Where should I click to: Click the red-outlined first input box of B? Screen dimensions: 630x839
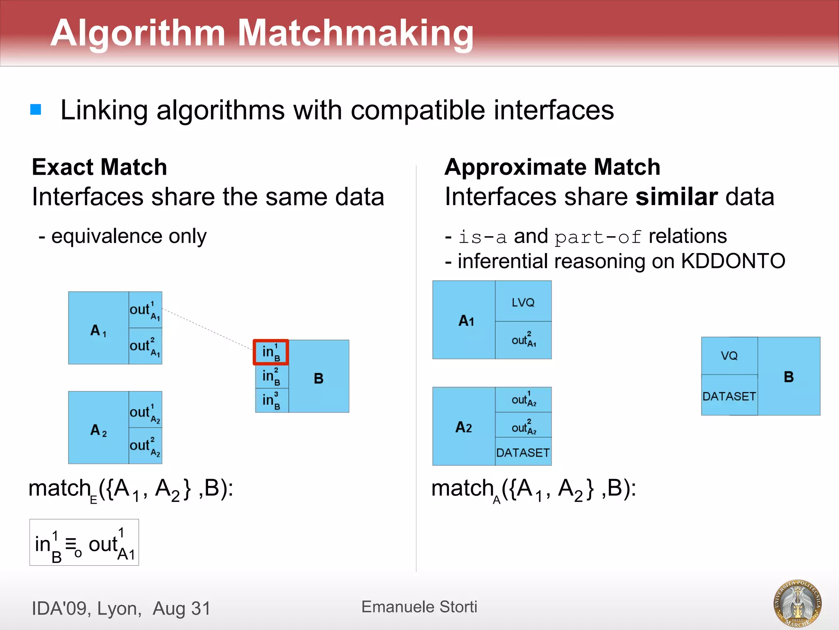[271, 352]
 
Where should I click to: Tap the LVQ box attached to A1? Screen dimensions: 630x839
[523, 302]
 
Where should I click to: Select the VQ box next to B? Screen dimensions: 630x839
[729, 356]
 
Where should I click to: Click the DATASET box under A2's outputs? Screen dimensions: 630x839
[523, 452]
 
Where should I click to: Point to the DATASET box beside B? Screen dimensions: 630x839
[729, 396]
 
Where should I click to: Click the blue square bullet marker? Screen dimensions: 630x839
[36, 110]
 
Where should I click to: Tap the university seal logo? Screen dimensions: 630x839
[797, 603]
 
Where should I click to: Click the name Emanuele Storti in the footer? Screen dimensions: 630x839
[419, 607]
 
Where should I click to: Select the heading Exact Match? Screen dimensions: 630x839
[100, 167]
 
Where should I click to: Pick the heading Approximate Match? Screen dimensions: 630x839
[552, 167]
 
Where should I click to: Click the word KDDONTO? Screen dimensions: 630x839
[733, 261]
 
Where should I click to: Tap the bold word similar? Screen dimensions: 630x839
[676, 196]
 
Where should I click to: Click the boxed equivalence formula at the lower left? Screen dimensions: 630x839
[84, 543]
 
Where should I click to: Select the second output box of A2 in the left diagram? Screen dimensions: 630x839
[145, 446]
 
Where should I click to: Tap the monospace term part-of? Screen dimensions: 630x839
[598, 237]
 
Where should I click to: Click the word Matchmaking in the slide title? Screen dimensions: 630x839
[355, 33]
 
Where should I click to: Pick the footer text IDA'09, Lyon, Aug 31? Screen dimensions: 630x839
[121, 608]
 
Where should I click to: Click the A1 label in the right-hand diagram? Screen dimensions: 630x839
[466, 320]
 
